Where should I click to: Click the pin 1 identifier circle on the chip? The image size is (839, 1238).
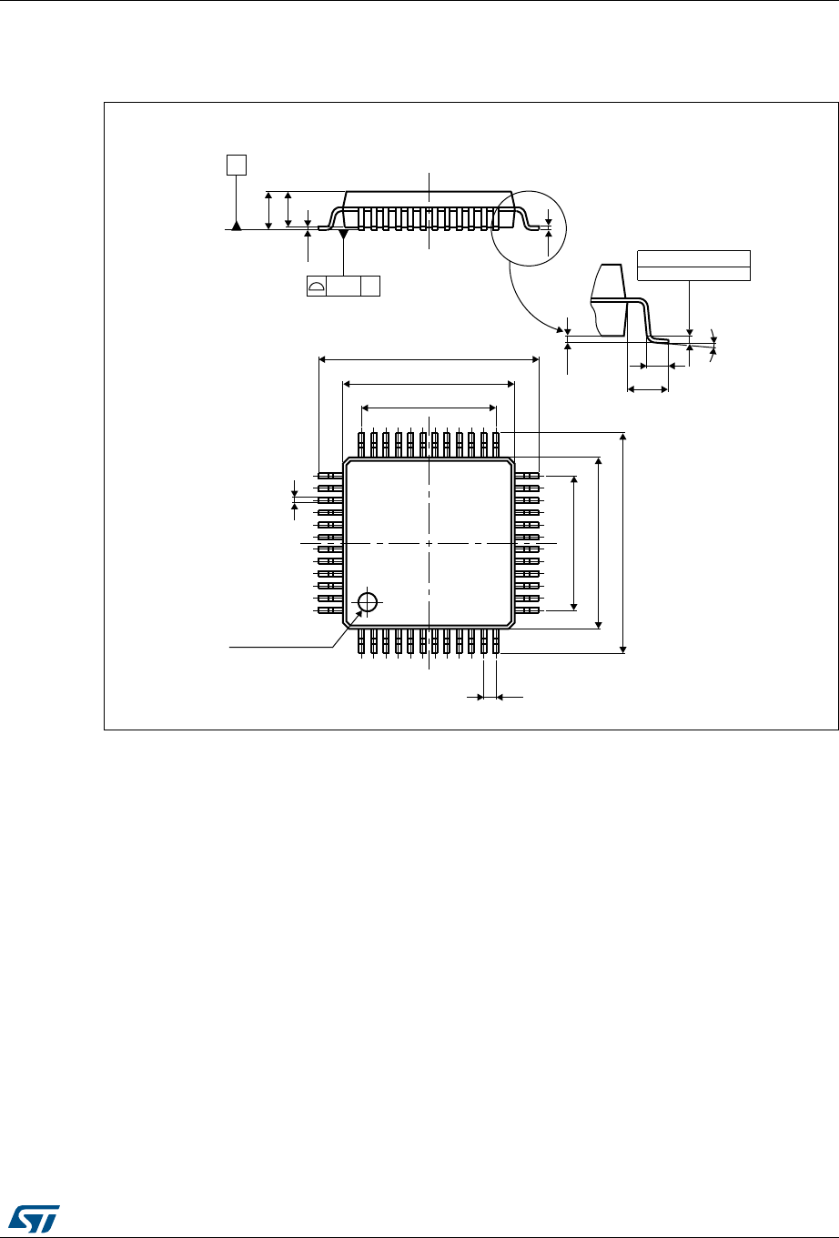[x=368, y=602]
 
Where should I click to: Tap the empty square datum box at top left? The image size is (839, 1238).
[x=237, y=165]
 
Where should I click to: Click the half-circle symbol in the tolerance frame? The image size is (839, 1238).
[x=318, y=287]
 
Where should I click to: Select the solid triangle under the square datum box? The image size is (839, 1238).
[x=237, y=225]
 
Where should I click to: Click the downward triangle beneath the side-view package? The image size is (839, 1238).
[x=343, y=236]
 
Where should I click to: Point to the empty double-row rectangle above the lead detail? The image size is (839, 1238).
[x=693, y=265]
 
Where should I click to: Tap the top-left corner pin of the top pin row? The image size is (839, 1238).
[x=362, y=443]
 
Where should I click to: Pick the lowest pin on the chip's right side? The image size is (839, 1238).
[x=528, y=610]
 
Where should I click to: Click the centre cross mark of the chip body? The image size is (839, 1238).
[x=429, y=543]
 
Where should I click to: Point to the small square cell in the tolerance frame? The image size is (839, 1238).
[x=369, y=287]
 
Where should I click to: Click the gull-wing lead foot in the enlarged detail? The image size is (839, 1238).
[x=658, y=340]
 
